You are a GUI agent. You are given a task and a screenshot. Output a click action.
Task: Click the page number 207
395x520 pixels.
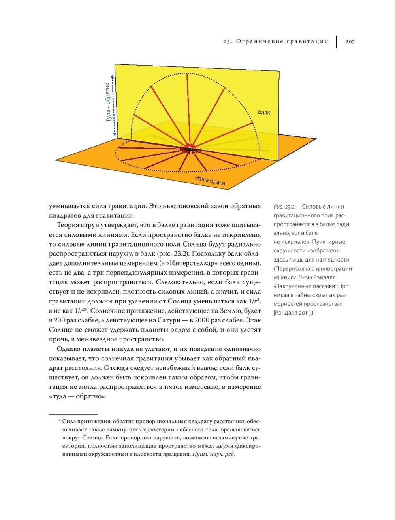[350, 41]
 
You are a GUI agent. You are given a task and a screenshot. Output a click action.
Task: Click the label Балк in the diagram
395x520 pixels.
[264, 112]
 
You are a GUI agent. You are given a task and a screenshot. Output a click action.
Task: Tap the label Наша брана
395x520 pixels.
[210, 181]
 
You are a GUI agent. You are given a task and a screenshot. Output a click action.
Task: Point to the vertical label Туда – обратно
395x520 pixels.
[107, 102]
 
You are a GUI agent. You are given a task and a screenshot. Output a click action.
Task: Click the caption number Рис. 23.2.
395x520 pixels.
[284, 207]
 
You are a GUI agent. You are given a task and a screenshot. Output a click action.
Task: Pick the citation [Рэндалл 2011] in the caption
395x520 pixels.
[294, 313]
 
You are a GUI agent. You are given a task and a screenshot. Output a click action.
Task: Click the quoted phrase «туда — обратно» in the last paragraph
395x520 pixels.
[77, 396]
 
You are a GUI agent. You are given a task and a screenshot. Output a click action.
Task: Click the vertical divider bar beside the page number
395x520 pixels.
[337, 41]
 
